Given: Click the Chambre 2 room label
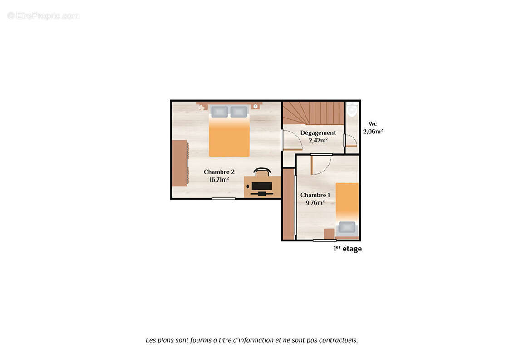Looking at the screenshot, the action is [219, 172].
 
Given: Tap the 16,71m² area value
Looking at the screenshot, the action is [219, 179].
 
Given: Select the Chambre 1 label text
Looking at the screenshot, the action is [315, 195].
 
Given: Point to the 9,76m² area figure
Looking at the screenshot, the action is [315, 203].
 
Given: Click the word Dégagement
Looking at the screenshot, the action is [318, 133].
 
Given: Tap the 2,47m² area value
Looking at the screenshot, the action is [318, 140].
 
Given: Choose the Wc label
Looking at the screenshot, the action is [373, 124].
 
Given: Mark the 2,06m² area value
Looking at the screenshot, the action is [373, 132].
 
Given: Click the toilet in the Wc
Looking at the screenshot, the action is [352, 109].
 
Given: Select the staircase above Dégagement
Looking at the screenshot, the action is [313, 113].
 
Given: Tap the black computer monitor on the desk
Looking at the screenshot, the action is [261, 186].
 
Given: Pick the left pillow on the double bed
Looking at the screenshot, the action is [220, 112].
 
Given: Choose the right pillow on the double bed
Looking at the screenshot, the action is [239, 112].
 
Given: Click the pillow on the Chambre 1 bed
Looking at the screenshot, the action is [347, 227].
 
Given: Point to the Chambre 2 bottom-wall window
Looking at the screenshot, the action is [223, 198].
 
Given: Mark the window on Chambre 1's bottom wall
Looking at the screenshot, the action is [325, 240].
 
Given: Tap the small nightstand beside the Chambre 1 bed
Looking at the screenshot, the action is [329, 234].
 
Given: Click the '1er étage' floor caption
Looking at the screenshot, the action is [348, 249].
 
